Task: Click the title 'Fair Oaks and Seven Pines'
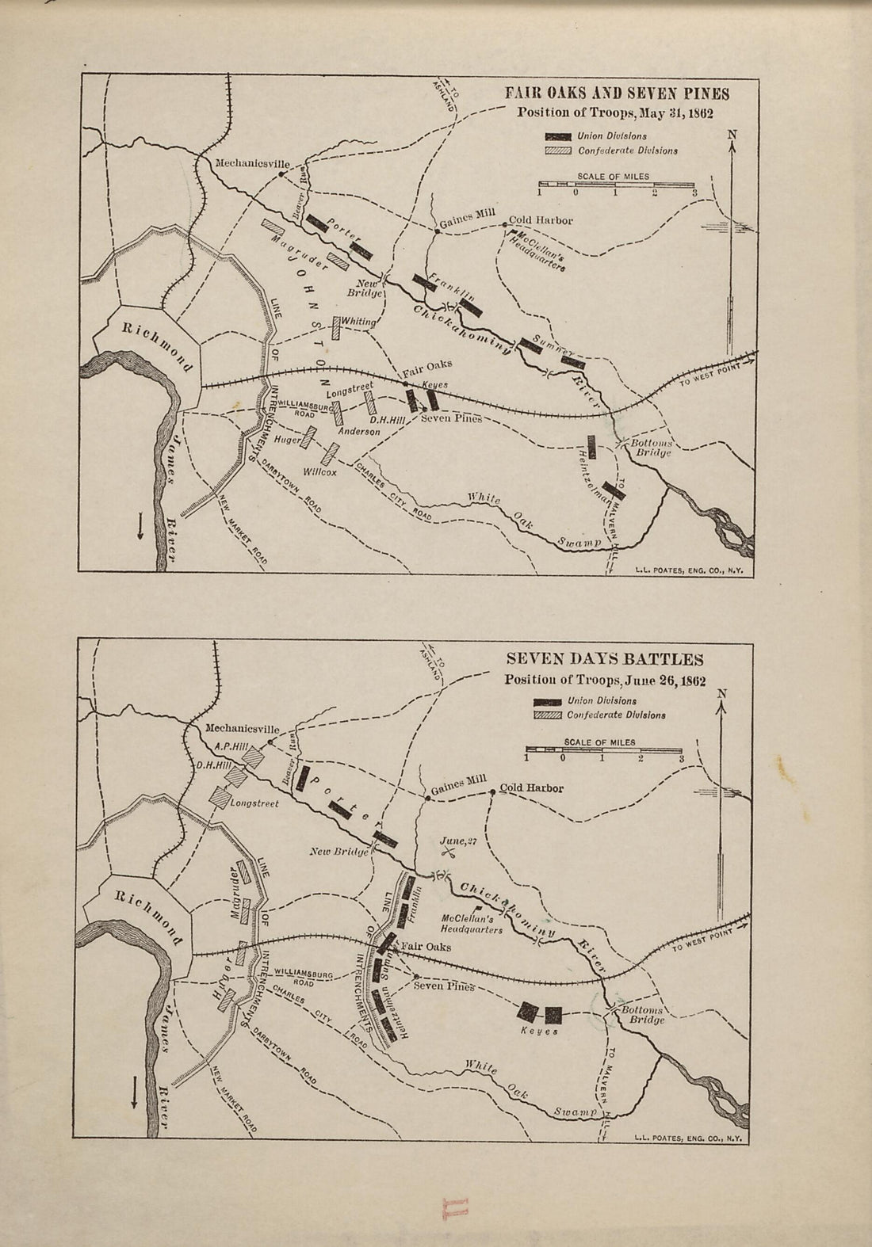(x=618, y=94)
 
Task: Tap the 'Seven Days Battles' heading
(x=604, y=660)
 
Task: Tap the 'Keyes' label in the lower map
(x=540, y=1031)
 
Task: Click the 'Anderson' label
(x=359, y=432)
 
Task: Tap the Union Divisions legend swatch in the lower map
(x=548, y=701)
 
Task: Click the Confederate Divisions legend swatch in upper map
(x=558, y=151)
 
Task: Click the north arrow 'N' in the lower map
(x=721, y=695)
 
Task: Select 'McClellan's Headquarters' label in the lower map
(x=471, y=925)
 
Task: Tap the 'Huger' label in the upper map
(x=285, y=439)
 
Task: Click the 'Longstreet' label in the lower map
(x=254, y=803)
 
